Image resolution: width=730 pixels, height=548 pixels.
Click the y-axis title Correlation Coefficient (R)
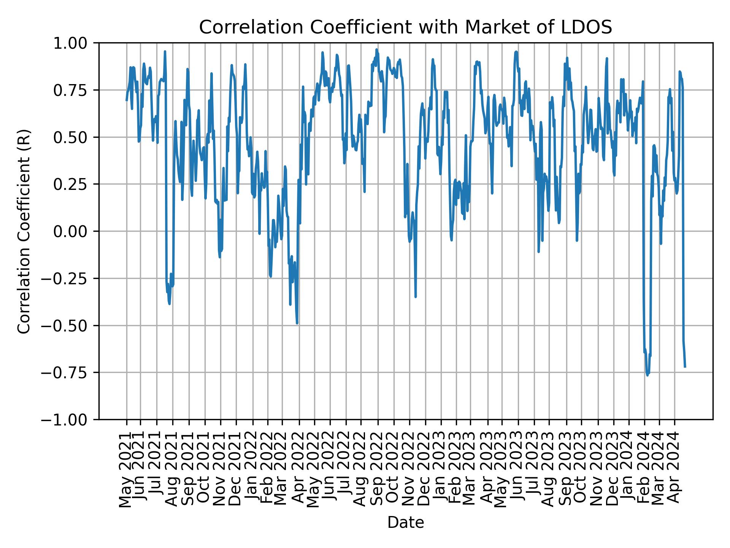[x=24, y=231]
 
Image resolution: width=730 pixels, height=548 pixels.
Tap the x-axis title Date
[x=405, y=523]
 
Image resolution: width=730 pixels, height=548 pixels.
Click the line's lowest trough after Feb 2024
[x=647, y=375]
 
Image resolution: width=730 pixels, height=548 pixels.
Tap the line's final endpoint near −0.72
[x=685, y=367]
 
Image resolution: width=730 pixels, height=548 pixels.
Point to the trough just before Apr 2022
[x=297, y=323]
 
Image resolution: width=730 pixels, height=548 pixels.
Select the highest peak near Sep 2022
[x=376, y=49]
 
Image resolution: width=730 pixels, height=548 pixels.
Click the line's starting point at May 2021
[x=127, y=100]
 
